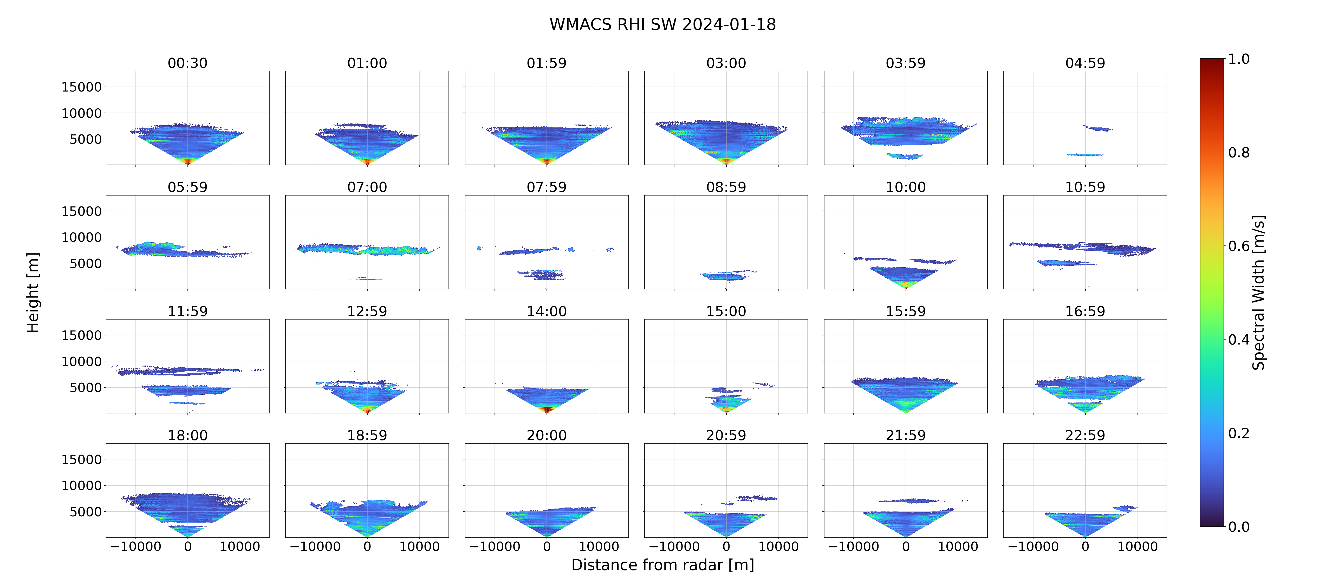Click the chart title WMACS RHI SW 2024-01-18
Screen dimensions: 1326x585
[x=662, y=24]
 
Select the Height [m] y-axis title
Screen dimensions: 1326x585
[x=32, y=292]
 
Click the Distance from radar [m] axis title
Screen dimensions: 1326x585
[x=662, y=565]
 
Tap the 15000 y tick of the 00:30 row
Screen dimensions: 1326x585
[x=81, y=87]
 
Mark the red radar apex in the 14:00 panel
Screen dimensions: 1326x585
[x=547, y=409]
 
